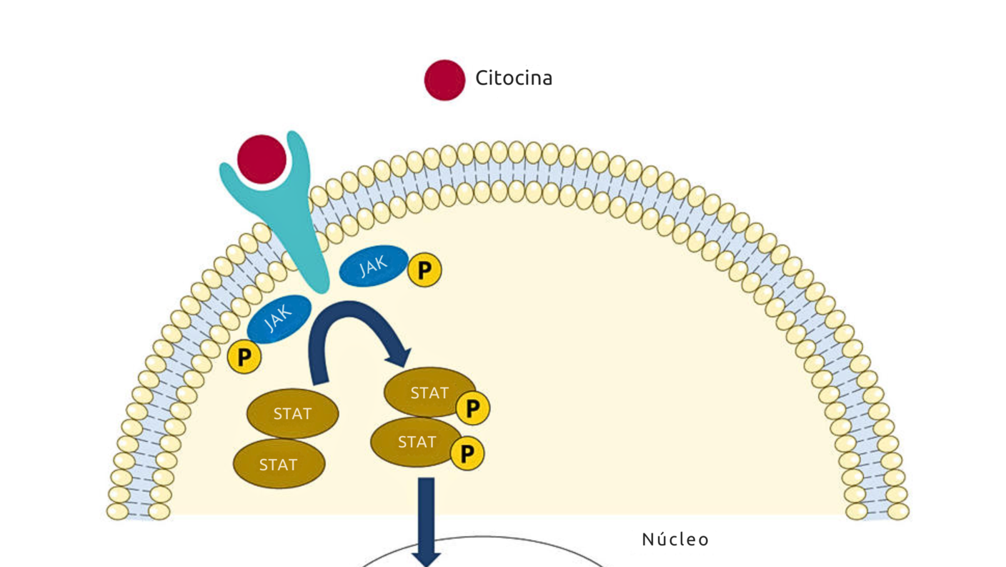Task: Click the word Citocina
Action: (x=514, y=78)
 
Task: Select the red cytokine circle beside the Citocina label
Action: (x=444, y=79)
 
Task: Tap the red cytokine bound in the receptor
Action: (x=262, y=159)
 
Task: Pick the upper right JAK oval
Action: (x=373, y=267)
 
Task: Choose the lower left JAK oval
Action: (x=279, y=319)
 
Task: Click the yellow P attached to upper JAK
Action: (x=424, y=270)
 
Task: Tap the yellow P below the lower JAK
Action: (x=244, y=357)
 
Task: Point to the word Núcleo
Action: (x=675, y=539)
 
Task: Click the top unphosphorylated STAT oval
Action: (x=292, y=413)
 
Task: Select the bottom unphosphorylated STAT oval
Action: (x=279, y=465)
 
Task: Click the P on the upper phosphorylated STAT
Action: (x=472, y=408)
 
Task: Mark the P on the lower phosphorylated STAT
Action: (x=467, y=453)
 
